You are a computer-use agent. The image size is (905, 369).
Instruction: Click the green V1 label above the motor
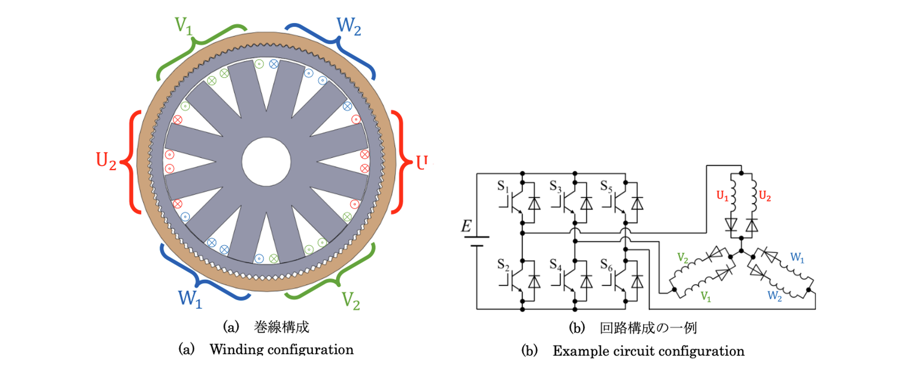click(183, 26)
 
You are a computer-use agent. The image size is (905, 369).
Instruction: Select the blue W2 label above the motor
click(349, 26)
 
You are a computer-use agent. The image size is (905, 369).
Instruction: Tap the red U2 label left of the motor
click(106, 161)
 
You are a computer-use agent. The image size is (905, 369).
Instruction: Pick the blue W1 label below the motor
click(190, 299)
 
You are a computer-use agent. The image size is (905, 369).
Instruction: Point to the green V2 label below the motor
click(350, 301)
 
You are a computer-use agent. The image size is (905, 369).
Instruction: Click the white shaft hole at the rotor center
click(266, 161)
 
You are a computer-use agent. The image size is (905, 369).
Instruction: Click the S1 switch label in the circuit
click(503, 186)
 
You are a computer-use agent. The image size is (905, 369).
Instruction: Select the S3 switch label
click(556, 186)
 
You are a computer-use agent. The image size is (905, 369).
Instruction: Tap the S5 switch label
click(606, 186)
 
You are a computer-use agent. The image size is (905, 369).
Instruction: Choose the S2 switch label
click(503, 265)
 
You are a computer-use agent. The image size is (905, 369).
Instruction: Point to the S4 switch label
click(556, 265)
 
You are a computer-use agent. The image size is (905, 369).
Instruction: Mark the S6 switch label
click(606, 265)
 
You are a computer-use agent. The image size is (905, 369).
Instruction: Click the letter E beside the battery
click(466, 226)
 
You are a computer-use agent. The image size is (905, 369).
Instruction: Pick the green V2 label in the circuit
click(683, 258)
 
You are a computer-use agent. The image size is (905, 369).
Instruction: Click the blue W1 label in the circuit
click(797, 258)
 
